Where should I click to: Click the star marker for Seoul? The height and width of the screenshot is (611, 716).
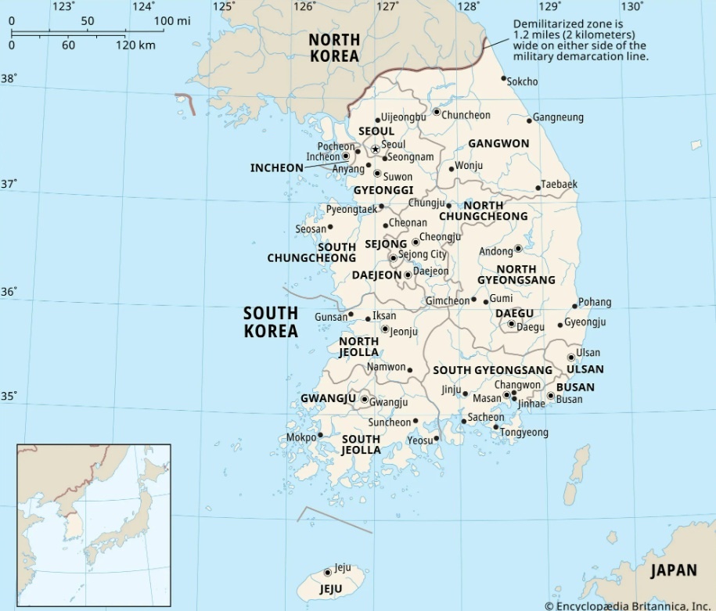click(x=375, y=149)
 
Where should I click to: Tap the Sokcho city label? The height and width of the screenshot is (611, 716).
click(x=522, y=81)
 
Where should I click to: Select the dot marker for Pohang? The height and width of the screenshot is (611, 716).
click(x=575, y=306)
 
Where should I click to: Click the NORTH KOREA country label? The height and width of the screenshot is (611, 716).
click(x=334, y=48)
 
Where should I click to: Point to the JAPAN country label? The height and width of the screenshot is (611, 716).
click(x=673, y=570)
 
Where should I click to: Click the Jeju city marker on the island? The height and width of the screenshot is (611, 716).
click(x=327, y=573)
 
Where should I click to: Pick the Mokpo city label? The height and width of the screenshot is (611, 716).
click(x=300, y=437)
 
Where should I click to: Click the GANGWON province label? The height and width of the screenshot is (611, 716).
click(x=498, y=144)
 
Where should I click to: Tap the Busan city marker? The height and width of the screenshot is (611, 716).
click(x=550, y=396)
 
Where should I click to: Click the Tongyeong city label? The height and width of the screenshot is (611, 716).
click(x=524, y=433)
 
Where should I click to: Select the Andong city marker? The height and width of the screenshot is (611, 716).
click(x=518, y=249)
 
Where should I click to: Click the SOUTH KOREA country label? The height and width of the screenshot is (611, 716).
click(x=271, y=322)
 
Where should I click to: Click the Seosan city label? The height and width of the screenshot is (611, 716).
click(x=310, y=229)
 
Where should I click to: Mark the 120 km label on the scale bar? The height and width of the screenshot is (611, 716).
click(x=136, y=45)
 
